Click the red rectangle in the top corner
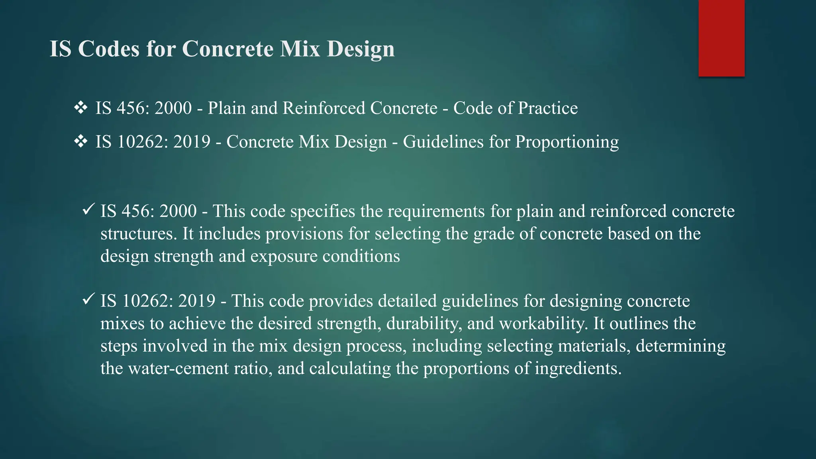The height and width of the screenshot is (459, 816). pos(721,38)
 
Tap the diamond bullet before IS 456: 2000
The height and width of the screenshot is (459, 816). pos(80,108)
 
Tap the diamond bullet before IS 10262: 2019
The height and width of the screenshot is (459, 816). pos(80,141)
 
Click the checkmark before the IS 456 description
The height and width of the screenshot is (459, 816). pos(88,209)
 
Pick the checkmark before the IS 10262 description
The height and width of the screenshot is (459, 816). pos(88,298)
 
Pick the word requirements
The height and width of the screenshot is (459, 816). pos(436,212)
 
